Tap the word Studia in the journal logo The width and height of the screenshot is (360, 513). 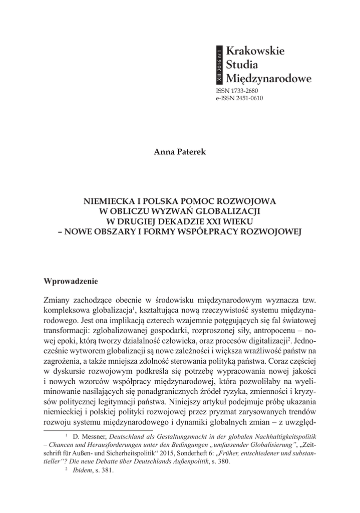click(x=243, y=64)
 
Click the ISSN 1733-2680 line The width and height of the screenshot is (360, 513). click(x=238, y=92)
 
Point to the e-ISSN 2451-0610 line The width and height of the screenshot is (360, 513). click(x=239, y=99)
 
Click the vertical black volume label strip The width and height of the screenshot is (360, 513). click(x=219, y=65)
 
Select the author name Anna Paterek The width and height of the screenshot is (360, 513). click(x=180, y=152)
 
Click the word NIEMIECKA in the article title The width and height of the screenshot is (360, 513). click(x=110, y=201)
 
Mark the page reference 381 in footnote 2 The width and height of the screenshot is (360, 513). click(x=108, y=471)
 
